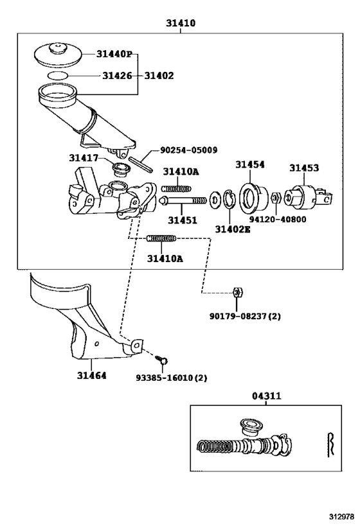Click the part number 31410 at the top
click(x=181, y=23)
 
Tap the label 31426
click(x=117, y=76)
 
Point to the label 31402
click(x=158, y=76)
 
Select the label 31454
click(x=249, y=165)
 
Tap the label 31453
click(x=303, y=168)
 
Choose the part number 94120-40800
click(x=278, y=219)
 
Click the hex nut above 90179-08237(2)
click(x=237, y=292)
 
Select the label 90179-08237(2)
click(x=245, y=316)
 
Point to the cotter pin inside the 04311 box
click(x=331, y=443)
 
